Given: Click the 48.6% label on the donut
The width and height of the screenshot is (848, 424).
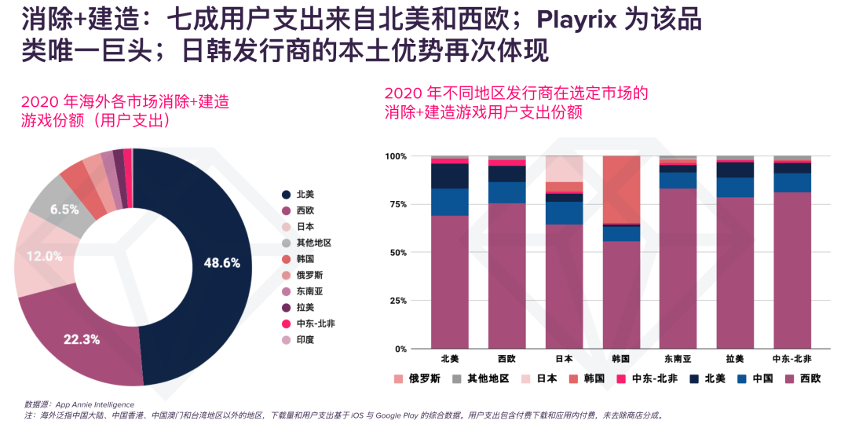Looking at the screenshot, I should pos(222,263).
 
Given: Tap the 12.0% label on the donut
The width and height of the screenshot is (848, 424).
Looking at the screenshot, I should pos(43,256).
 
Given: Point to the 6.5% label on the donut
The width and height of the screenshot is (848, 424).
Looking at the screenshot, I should pos(64,210).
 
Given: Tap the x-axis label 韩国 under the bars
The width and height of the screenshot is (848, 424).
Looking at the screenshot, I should pos(620,359).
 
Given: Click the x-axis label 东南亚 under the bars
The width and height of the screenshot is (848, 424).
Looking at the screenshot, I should pos(678,359).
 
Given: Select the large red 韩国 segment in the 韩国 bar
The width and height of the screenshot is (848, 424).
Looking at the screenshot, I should pos(621,189).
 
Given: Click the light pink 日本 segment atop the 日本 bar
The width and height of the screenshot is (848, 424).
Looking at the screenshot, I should pos(564,168).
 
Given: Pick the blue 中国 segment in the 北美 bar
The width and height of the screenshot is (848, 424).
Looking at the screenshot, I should pos(450,202).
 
